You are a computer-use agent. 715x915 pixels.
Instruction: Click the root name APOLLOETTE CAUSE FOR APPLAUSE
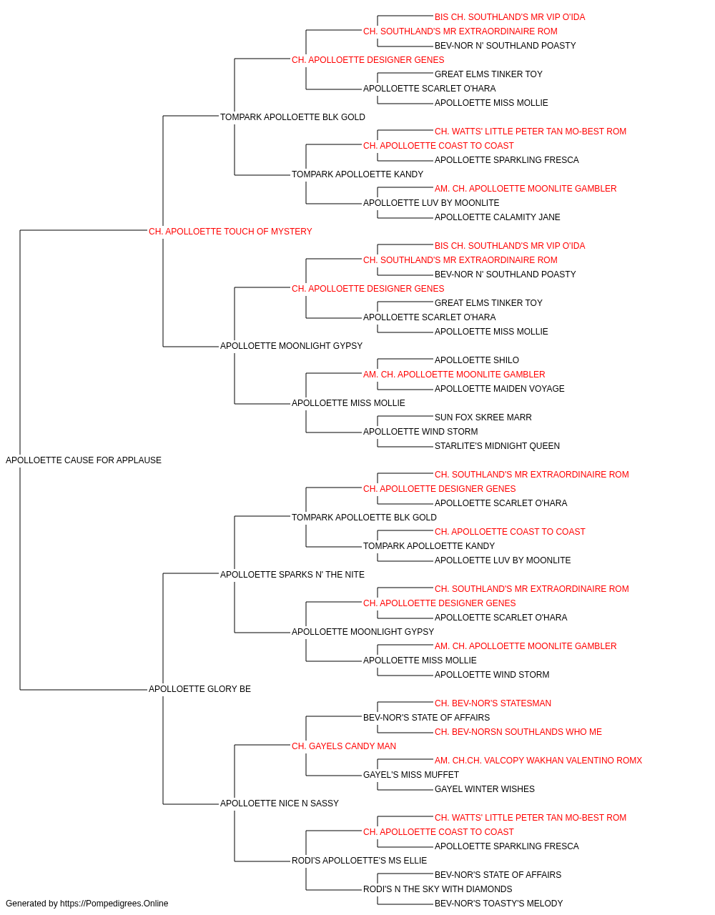84,460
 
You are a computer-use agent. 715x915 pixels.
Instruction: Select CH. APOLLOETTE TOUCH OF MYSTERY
230,232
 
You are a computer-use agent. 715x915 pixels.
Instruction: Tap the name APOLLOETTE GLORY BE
199,689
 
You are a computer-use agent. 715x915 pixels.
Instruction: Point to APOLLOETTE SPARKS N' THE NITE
292,575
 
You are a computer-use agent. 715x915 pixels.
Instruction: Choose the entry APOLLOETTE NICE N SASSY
279,803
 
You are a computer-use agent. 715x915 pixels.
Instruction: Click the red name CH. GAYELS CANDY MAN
344,746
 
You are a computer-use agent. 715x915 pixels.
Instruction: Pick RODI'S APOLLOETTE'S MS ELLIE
359,861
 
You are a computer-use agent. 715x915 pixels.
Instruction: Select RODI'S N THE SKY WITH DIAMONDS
438,889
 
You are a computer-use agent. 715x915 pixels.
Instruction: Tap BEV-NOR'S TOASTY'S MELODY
498,904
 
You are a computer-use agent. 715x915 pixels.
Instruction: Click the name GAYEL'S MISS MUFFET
411,775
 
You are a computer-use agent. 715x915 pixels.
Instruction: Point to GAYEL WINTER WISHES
485,789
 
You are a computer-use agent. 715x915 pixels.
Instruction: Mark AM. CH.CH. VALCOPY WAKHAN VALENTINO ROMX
538,761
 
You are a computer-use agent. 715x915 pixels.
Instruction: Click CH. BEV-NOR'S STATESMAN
493,703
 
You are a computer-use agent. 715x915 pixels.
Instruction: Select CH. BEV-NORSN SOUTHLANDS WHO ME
518,732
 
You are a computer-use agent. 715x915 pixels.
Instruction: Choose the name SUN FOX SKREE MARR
483,417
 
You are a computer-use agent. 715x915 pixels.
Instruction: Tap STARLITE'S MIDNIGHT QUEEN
498,446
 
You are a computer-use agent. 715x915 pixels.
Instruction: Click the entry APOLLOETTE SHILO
477,360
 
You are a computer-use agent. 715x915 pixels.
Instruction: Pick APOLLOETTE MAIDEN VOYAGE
499,389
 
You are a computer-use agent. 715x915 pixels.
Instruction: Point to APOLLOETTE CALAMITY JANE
498,217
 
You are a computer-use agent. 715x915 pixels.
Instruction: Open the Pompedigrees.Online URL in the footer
114,904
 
